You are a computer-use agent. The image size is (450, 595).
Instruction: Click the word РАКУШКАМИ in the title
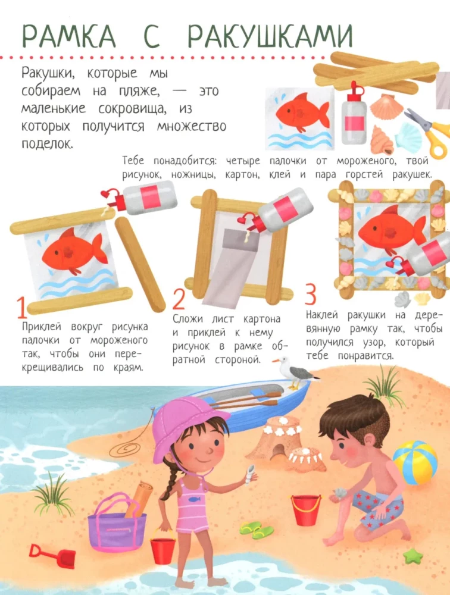tap(270, 36)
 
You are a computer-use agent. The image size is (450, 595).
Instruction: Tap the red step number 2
tap(179, 299)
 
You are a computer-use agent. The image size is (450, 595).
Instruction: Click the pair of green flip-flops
tap(257, 530)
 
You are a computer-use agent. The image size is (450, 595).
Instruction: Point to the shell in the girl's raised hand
tap(249, 474)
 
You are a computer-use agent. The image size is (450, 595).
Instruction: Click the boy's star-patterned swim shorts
tap(377, 509)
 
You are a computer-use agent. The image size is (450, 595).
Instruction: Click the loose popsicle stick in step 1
tap(140, 264)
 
